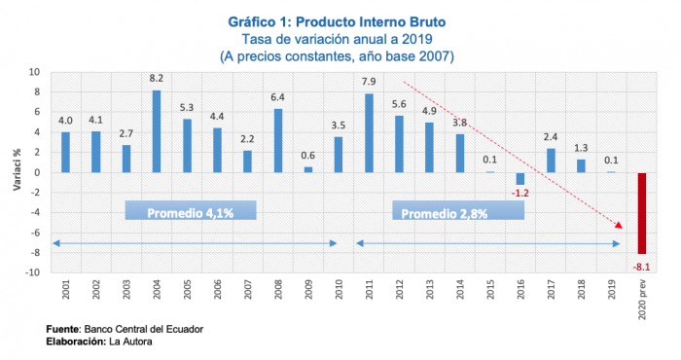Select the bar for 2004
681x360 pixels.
click(157, 131)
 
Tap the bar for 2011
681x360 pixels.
click(369, 132)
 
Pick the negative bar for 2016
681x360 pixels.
click(520, 178)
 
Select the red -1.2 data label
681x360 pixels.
click(521, 194)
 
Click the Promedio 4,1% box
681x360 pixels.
click(191, 212)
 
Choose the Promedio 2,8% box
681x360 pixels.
click(457, 212)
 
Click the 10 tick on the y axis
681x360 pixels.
click(34, 72)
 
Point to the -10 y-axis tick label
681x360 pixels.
click(32, 272)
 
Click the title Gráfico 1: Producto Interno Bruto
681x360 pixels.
click(340, 21)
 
